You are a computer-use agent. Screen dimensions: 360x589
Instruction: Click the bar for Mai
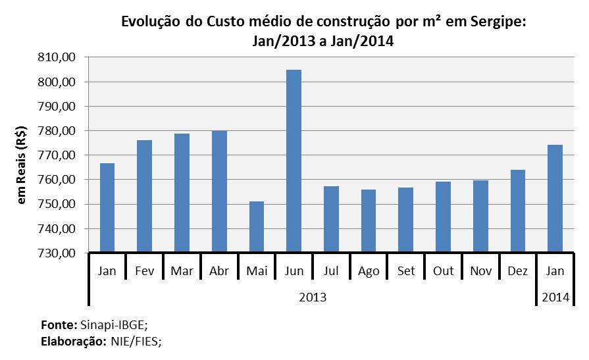[257, 227]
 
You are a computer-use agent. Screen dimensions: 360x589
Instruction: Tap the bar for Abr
[219, 192]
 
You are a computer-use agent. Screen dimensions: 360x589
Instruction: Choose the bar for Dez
[519, 211]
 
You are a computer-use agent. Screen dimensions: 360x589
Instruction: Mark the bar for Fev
[144, 196]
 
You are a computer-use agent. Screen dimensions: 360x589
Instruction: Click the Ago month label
[369, 271]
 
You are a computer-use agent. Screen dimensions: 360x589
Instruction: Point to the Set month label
[406, 271]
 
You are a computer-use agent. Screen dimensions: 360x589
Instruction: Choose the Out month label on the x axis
[444, 271]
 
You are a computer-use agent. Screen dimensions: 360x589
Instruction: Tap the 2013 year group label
[313, 297]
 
